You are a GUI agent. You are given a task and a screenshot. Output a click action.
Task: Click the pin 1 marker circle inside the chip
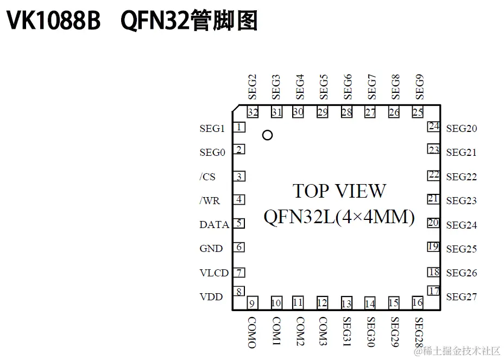pos(267,135)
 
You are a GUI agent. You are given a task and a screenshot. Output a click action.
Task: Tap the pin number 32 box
pos(253,112)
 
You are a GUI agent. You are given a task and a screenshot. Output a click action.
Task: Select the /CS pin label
pos(207,176)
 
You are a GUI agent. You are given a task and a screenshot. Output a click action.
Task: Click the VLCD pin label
pos(214,273)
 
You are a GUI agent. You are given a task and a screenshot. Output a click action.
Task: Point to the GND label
pos(211,249)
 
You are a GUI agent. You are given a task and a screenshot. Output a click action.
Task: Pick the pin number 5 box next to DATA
pos(239,223)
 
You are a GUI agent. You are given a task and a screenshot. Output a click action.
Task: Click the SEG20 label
pos(461,129)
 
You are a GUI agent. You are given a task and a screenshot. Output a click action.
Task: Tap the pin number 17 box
pos(433,291)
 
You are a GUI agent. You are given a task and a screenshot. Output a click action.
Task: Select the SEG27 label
pos(461,297)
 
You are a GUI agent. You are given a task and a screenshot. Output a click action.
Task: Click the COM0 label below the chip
pos(252,332)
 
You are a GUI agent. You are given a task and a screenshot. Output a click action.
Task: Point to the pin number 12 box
pos(322,303)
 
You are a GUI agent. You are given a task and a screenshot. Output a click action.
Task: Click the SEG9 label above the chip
pos(419,86)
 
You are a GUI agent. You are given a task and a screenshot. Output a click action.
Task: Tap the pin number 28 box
pos(346,112)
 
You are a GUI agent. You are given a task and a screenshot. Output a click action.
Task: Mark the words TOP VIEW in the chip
pos(339,191)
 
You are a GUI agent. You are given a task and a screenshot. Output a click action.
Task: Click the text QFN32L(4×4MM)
pos(339,217)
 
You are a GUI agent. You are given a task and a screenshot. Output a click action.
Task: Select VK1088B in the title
pos(53,22)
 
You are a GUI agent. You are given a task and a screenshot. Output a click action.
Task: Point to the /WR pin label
pos(209,200)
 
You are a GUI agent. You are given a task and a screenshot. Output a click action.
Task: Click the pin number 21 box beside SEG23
pos(433,199)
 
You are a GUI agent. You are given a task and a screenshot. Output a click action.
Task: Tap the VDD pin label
pos(211,297)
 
